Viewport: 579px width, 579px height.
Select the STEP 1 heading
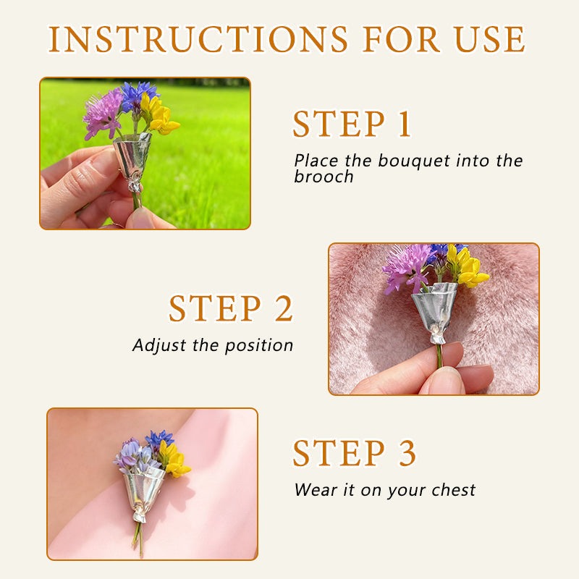point(352,125)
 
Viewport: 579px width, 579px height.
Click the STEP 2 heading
point(231,309)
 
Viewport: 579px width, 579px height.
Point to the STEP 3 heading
point(355,454)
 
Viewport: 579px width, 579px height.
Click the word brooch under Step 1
point(324,177)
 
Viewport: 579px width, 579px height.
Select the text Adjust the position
point(213,345)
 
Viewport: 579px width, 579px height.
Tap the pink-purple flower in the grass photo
point(102,113)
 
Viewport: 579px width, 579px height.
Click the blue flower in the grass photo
point(138,96)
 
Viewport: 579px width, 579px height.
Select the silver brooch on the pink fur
point(434,308)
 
